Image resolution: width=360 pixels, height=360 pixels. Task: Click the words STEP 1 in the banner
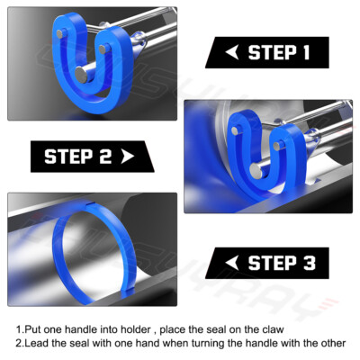tap(278, 52)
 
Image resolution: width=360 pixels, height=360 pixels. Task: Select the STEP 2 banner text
tap(79, 157)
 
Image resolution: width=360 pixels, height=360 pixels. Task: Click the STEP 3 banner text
tap(282, 263)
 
